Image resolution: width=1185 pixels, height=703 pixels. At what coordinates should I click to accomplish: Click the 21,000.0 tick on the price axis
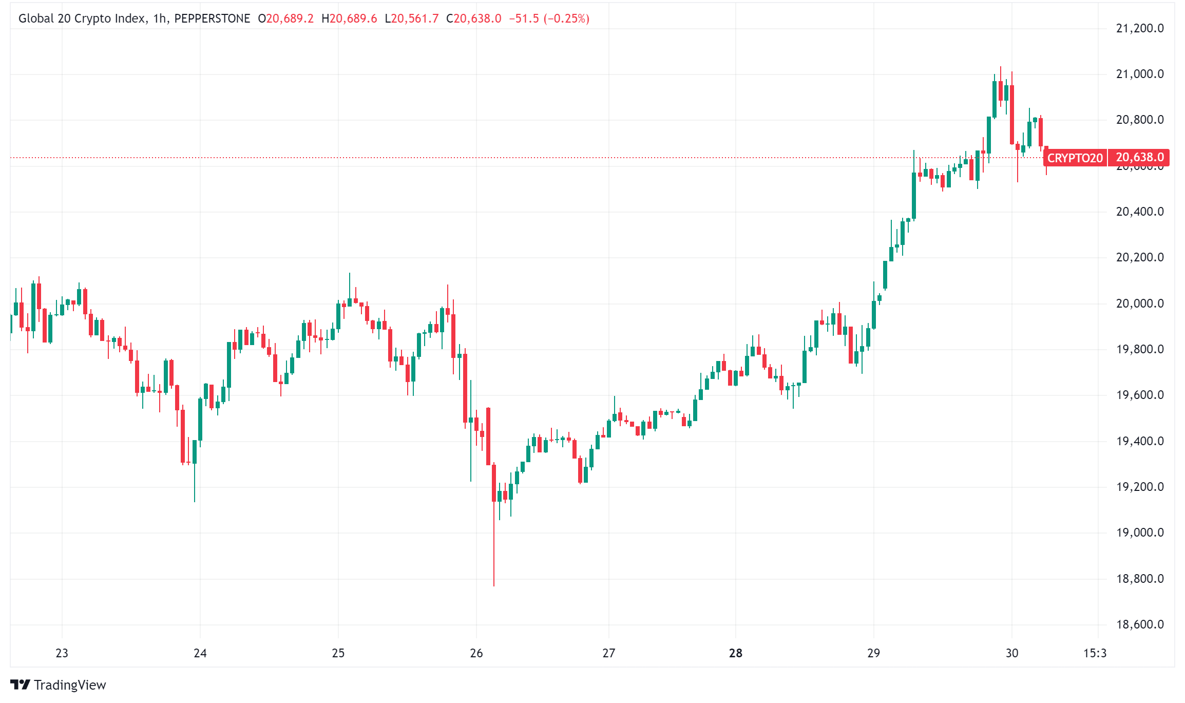[x=1139, y=74]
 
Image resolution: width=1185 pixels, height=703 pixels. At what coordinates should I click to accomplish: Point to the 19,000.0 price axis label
[x=1139, y=533]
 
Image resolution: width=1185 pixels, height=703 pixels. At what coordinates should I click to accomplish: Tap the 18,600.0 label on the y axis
[x=1139, y=624]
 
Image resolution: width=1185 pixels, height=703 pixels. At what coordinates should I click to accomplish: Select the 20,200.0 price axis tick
[x=1139, y=257]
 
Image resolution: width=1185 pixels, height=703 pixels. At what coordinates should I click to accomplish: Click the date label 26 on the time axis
[x=476, y=653]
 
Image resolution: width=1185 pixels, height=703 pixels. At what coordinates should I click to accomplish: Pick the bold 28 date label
[x=735, y=653]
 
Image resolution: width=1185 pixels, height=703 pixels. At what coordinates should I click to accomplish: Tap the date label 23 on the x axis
[x=62, y=653]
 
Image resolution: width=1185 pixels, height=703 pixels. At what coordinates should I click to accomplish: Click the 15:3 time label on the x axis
[x=1095, y=653]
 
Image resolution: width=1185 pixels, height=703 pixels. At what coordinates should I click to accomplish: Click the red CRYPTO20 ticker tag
[x=1075, y=158]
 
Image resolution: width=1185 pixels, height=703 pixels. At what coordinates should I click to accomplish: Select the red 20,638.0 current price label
[x=1139, y=157]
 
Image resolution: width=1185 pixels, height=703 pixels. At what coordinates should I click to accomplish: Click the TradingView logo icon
[x=20, y=685]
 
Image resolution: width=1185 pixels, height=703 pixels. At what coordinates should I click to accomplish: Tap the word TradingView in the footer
[x=70, y=685]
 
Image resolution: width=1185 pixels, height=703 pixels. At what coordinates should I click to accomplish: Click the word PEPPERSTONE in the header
[x=212, y=18]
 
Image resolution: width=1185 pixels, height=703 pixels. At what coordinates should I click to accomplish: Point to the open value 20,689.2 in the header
[x=290, y=18]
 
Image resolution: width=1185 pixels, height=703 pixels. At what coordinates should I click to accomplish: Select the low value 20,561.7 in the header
[x=415, y=18]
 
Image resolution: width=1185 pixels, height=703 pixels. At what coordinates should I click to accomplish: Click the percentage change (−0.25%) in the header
[x=566, y=18]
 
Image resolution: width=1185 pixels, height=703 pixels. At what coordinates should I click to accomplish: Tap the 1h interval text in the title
[x=160, y=18]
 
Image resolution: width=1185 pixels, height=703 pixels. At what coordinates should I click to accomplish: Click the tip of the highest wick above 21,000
[x=1000, y=67]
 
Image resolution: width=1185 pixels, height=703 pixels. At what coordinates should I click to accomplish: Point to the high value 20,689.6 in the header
[x=353, y=18]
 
